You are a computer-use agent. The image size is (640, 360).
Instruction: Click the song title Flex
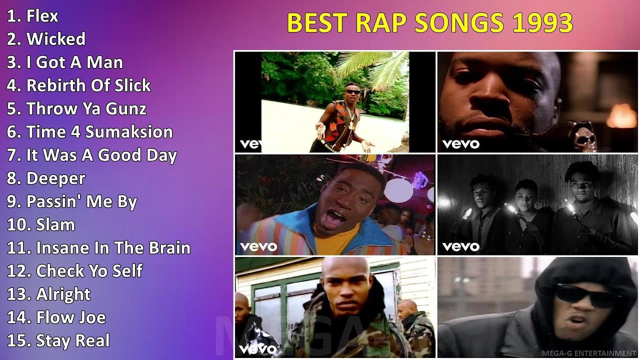pos(42,16)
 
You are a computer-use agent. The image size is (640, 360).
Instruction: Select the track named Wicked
pos(55,39)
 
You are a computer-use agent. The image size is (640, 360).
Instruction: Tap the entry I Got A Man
pos(74,62)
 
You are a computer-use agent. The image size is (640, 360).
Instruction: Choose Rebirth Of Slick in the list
pos(88,85)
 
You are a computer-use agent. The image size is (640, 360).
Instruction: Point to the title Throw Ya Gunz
pos(86,108)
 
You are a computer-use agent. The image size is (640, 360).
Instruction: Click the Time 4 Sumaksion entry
pos(99,132)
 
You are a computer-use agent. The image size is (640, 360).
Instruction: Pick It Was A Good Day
pos(101,155)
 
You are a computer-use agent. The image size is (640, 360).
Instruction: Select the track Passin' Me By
pos(81,201)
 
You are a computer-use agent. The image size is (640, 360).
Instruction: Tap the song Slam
pos(55,224)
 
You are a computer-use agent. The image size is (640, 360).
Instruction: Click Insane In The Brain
pos(113,248)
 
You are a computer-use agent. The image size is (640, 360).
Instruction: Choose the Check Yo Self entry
pos(89,271)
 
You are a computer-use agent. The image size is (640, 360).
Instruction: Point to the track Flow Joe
pos(70,317)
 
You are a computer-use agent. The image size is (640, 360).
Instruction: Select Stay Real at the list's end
pos(72,341)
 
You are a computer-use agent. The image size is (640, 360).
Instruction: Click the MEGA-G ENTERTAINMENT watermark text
pos(588,353)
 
